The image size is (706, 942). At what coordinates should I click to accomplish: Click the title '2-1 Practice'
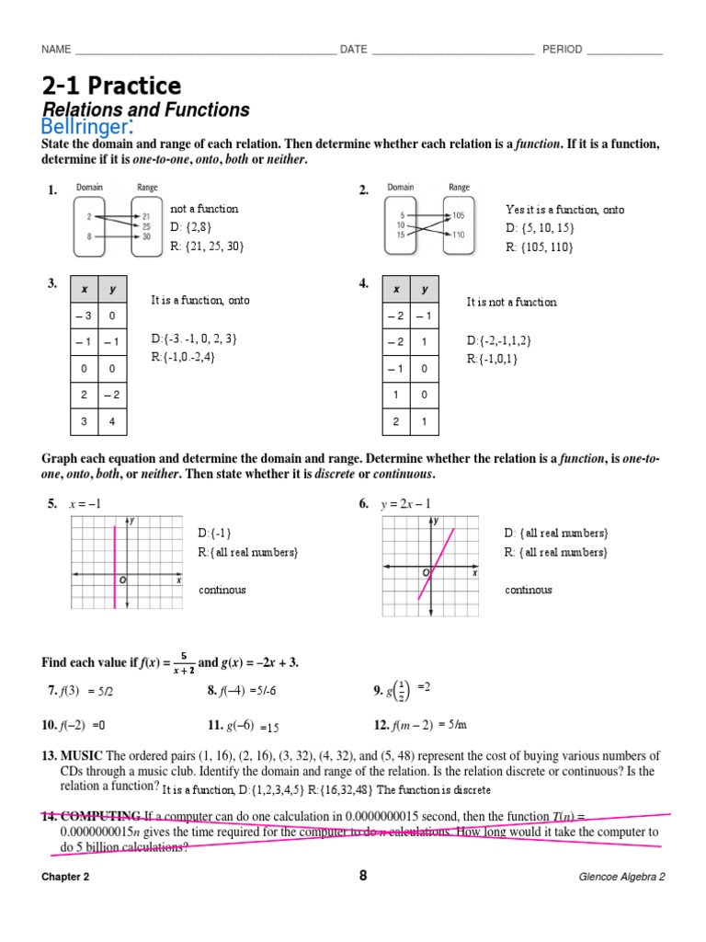(111, 86)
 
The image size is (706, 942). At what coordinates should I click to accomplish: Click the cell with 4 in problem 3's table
(112, 420)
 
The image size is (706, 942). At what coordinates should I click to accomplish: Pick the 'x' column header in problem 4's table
(396, 289)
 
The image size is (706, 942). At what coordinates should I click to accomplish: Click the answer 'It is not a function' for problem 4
(511, 302)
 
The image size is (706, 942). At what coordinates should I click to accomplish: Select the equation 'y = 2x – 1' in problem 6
(405, 503)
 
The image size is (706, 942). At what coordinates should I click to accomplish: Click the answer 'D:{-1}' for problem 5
(214, 534)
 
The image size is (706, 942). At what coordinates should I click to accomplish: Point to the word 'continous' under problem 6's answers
(529, 590)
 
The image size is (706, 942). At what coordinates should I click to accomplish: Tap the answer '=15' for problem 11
(269, 727)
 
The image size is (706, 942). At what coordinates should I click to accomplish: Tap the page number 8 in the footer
(363, 876)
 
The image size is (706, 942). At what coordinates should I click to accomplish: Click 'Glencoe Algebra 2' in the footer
(621, 877)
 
